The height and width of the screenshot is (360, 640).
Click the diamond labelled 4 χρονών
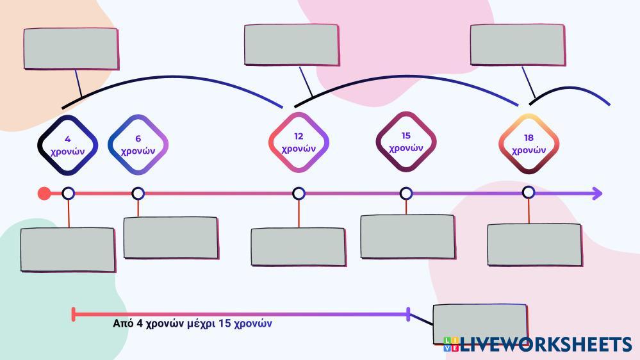point(68,145)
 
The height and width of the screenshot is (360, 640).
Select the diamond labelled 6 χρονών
point(138,145)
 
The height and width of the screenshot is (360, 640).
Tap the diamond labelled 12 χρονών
point(299,142)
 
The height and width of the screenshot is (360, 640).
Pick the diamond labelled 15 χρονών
point(406,142)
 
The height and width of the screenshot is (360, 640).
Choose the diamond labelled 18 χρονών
point(529,143)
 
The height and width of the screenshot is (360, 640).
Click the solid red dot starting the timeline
point(44,193)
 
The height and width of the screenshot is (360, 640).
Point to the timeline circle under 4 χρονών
point(68,193)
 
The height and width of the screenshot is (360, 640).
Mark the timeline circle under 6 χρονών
point(138,193)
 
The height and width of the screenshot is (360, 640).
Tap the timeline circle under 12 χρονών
point(299,193)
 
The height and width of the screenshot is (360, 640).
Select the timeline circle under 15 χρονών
point(406,193)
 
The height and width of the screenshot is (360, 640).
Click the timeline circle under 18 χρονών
point(529,192)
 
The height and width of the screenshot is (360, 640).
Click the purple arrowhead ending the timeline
point(597,193)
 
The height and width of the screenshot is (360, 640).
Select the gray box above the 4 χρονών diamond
point(71,49)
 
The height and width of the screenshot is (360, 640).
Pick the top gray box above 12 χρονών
point(291,45)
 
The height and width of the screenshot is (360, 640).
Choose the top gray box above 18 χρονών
point(518,45)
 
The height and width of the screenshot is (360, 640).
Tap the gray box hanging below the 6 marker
point(171,238)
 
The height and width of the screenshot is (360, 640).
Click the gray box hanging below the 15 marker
point(408,236)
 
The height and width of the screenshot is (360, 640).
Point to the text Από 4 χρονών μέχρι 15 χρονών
point(192,323)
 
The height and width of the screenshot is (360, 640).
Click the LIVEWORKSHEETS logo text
point(545,345)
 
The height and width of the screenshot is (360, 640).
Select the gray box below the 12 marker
point(299,247)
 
